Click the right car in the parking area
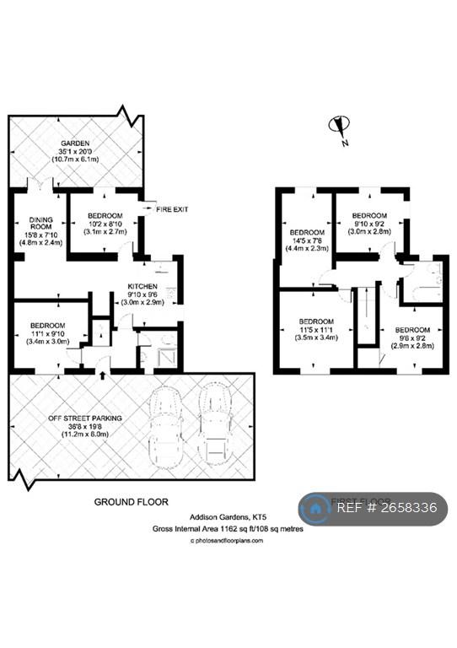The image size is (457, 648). click(x=215, y=426)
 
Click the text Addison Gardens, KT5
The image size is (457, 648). click(x=223, y=517)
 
